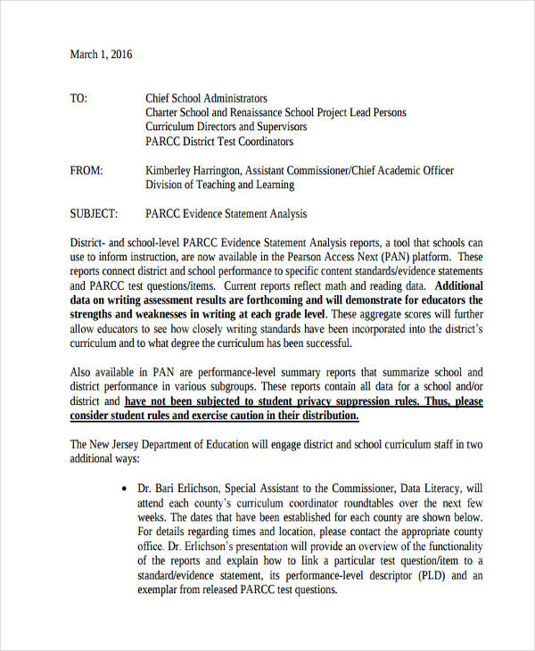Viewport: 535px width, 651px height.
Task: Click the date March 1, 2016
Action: coord(101,54)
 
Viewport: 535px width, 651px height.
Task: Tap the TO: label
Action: coord(78,98)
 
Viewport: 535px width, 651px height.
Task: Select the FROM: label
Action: coord(86,170)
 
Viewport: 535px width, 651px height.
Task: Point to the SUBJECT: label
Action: coord(94,214)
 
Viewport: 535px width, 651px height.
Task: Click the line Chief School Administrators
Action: coord(206,98)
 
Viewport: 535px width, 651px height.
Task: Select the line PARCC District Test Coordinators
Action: coord(219,141)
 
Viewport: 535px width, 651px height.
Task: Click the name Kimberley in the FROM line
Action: coord(171,170)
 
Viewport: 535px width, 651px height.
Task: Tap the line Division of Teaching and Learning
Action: coord(219,185)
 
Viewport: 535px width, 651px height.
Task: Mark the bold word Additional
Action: coord(457,286)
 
